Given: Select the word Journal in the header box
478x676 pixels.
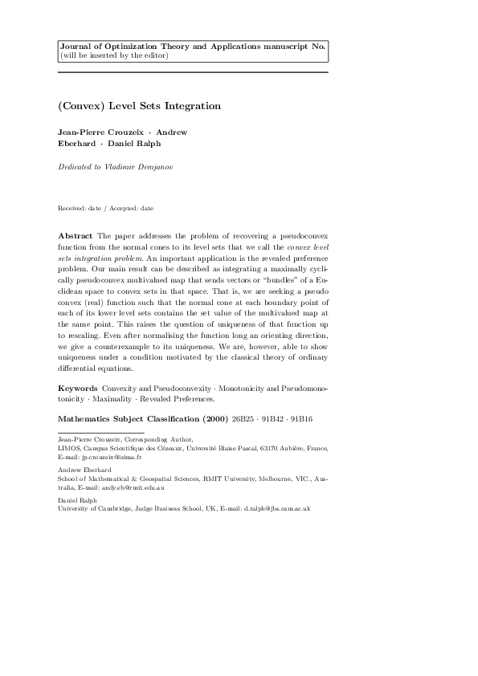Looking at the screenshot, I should tap(76, 47).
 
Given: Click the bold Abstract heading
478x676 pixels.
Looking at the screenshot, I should tap(76, 236).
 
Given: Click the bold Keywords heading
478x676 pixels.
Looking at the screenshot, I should tap(78, 388).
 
